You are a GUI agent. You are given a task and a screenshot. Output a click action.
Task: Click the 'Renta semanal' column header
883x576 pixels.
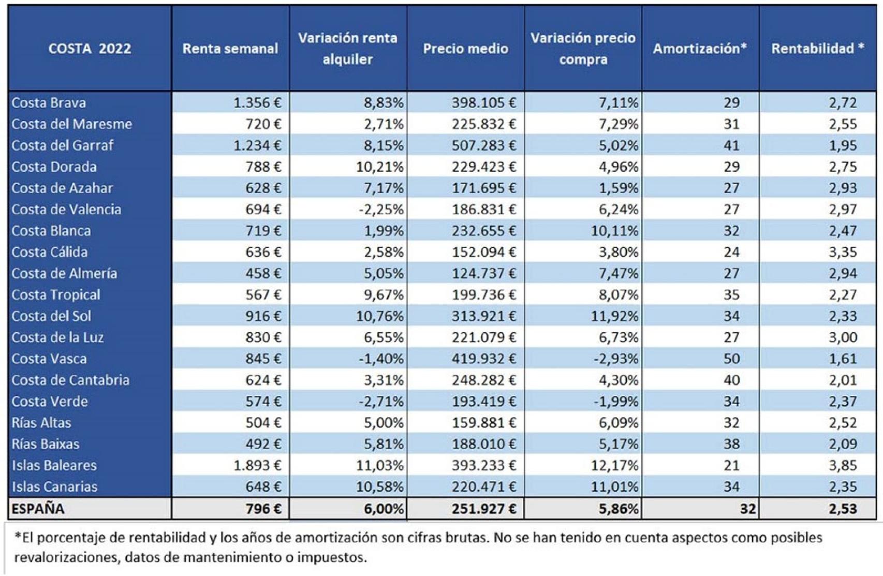(230, 49)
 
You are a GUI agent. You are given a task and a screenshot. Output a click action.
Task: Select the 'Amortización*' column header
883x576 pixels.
(699, 49)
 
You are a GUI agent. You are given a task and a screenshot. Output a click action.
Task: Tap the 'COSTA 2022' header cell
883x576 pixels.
(90, 49)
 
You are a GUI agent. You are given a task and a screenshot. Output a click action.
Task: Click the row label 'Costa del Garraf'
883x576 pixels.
(62, 145)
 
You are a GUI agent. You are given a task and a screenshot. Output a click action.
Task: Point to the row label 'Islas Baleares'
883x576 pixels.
(54, 465)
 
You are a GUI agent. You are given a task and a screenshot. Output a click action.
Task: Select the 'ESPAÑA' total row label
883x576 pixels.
(38, 509)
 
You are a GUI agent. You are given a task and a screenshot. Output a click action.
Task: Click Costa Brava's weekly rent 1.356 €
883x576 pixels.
(257, 103)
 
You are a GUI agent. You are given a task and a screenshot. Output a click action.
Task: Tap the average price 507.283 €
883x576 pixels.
(483, 145)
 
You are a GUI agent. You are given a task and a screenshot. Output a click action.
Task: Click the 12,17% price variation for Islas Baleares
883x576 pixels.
(614, 465)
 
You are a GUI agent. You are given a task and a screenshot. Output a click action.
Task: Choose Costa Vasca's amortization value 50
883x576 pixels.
(731, 359)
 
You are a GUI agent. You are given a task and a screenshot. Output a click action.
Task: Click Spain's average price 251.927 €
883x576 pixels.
(483, 509)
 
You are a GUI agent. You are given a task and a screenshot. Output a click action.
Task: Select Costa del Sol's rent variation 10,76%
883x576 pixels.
(379, 316)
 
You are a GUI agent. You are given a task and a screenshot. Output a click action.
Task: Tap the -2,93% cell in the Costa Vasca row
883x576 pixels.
(615, 359)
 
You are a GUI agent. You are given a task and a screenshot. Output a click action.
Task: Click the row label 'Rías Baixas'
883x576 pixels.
(46, 444)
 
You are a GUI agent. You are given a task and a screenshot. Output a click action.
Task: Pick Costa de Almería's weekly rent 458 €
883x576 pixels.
(263, 273)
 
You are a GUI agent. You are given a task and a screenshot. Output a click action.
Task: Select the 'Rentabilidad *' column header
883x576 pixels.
(817, 49)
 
